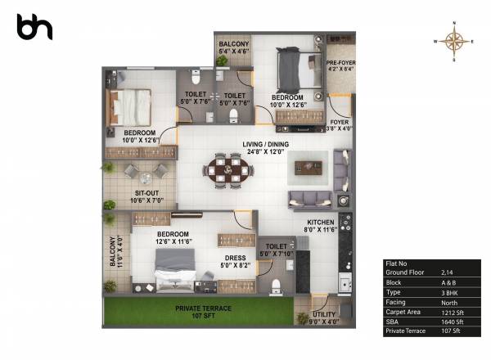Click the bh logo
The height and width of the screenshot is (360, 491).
[x=34, y=26]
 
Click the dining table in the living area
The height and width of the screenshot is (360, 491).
[x=224, y=169]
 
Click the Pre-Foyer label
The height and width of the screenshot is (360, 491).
[x=340, y=65]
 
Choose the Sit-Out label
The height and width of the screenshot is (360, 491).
[x=150, y=197]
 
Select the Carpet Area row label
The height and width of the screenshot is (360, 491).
[x=403, y=313]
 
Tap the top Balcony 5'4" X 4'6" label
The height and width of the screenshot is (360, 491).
[x=234, y=47]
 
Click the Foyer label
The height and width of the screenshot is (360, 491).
[x=340, y=124]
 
